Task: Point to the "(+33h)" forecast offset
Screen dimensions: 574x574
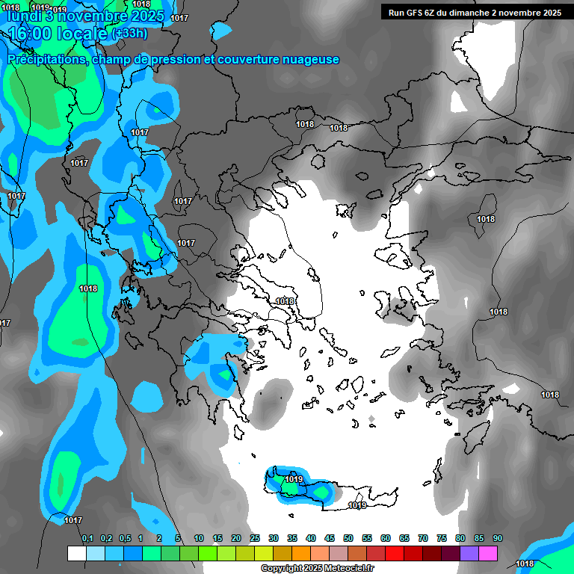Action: [x=129, y=33]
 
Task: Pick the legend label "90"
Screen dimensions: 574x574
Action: [x=497, y=538]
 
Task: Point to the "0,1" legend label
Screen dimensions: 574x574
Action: [x=87, y=538]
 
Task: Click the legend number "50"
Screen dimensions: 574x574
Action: [x=348, y=538]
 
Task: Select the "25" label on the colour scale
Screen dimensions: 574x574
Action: [x=255, y=538]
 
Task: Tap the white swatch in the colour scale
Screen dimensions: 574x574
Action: [x=76, y=554]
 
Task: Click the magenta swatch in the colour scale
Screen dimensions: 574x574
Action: [x=488, y=554]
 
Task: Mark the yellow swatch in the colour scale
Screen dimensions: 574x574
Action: [x=264, y=554]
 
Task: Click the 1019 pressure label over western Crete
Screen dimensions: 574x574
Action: [x=294, y=479]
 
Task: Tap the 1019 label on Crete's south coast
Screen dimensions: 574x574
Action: [x=357, y=506]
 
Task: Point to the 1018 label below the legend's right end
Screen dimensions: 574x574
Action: [x=525, y=564]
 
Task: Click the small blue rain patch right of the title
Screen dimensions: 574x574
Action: [x=222, y=30]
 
